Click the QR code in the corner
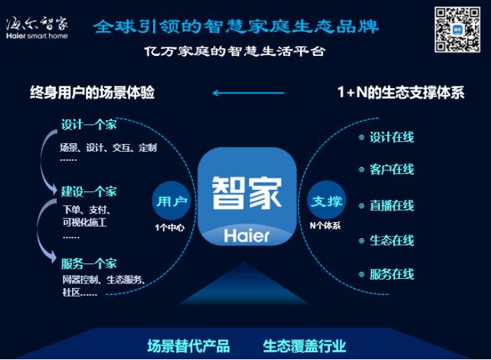[457, 28]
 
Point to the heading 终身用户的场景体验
[93, 93]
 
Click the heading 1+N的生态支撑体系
[401, 93]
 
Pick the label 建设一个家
[89, 191]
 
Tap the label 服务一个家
[89, 263]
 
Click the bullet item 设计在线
[391, 137]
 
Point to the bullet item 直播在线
[391, 205]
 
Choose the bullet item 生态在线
[391, 240]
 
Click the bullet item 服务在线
[391, 273]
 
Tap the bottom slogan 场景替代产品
[188, 345]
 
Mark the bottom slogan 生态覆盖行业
[305, 345]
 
